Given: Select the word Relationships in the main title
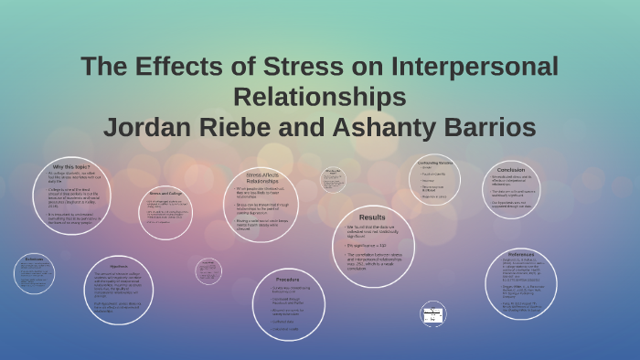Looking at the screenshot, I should point(320,97).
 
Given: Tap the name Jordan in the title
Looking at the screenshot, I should point(150,126).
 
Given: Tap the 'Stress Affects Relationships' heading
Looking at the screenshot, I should point(262,177).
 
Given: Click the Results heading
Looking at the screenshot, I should point(372,217).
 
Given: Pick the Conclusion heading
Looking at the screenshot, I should point(511,170).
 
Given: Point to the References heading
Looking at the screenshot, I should point(521,253).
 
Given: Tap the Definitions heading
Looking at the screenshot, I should point(35,259).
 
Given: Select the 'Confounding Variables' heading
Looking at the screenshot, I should point(435,162).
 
